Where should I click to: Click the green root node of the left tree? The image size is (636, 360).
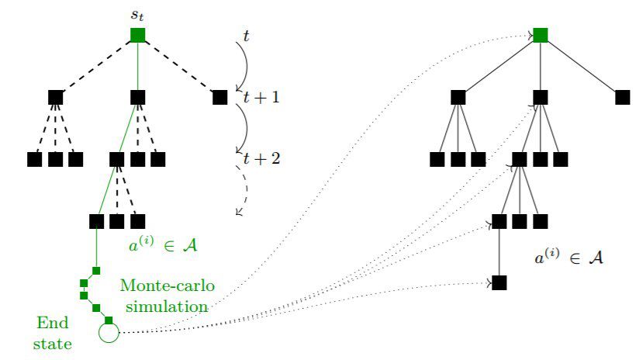pos(138,35)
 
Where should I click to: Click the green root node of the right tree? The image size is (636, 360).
pos(541,35)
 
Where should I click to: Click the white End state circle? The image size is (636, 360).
pos(109,334)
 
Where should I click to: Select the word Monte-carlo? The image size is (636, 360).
pos(168,287)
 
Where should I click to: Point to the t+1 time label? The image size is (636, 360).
pos(261,98)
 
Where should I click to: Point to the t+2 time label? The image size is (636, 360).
pos(261,159)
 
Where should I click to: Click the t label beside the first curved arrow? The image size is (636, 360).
pos(247,35)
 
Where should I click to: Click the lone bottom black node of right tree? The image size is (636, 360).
pos(499,282)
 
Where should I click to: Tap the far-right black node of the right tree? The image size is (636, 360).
pos(622,97)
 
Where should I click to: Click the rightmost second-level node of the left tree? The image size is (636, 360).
pos(220,97)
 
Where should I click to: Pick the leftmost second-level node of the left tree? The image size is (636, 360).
pos(55,97)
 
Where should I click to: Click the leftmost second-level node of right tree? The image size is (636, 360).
pos(458,97)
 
